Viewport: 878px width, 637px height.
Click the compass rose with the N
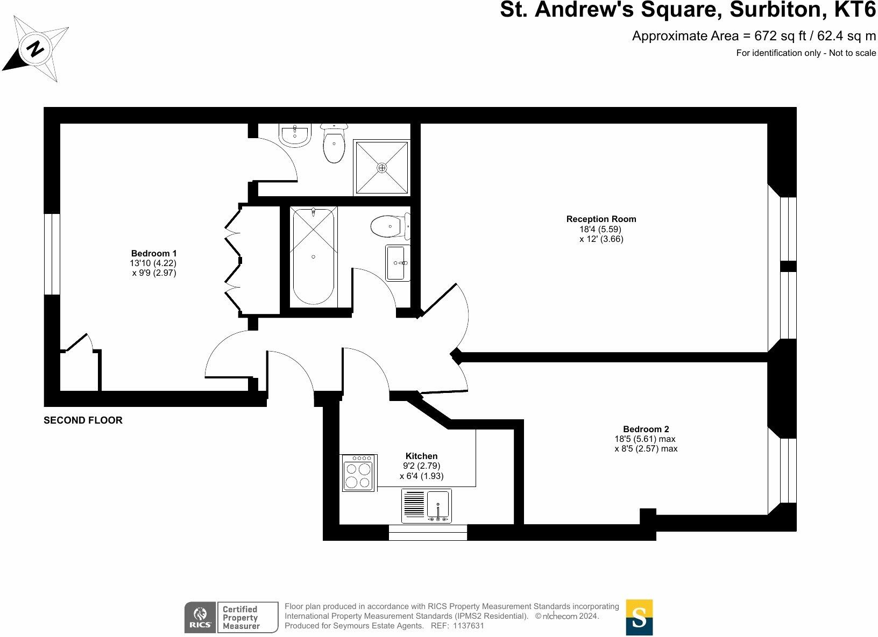click(36, 49)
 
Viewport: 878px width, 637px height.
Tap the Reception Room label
click(601, 219)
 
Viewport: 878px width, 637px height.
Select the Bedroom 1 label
click(154, 253)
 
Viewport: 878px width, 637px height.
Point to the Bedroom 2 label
click(646, 429)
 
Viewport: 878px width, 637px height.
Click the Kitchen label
click(421, 456)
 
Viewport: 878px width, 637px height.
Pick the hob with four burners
click(358, 473)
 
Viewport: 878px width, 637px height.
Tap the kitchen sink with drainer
click(427, 506)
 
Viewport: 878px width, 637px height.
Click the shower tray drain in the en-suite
click(382, 168)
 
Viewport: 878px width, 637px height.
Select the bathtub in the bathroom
click(313, 256)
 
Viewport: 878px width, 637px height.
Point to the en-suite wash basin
click(295, 134)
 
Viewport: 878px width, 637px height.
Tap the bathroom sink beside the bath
click(397, 263)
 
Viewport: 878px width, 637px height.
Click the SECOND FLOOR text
click(83, 420)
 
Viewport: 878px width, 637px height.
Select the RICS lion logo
click(200, 617)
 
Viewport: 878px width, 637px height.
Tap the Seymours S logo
click(639, 617)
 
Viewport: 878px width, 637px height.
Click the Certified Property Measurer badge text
click(241, 617)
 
